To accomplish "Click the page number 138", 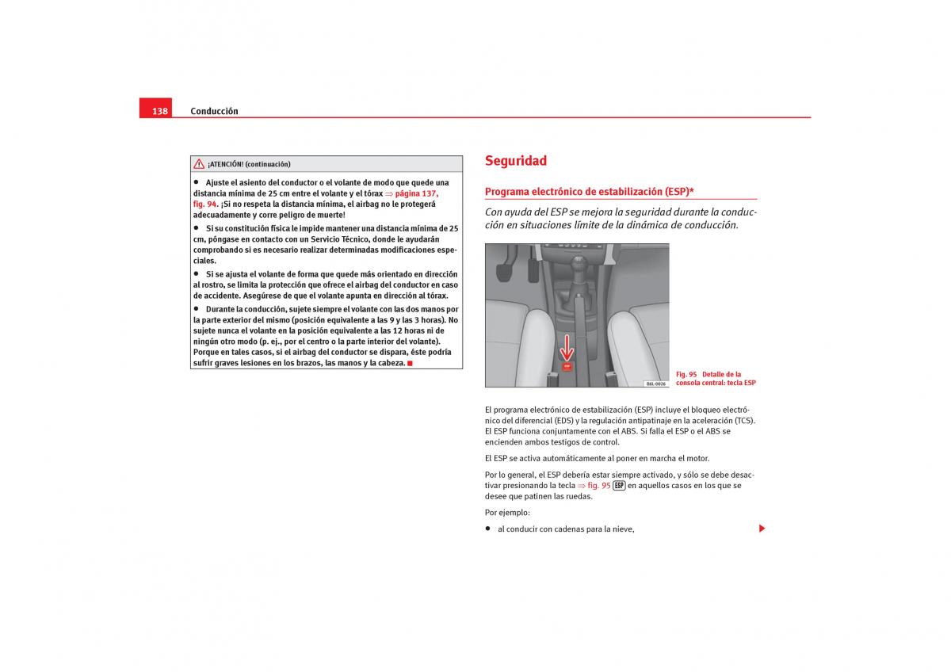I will (x=160, y=111).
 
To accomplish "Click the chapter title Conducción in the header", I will (x=214, y=111).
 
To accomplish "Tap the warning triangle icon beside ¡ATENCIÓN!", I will (x=199, y=164).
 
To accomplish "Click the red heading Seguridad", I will (x=516, y=161).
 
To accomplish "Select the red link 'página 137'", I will (x=416, y=193).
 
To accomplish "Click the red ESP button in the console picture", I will (x=567, y=367).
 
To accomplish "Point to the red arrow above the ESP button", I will (x=567, y=347).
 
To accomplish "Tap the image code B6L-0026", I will (x=655, y=384).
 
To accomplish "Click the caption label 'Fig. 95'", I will (x=686, y=374).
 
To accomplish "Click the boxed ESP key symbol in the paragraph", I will (x=619, y=486).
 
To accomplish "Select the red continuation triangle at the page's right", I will (x=762, y=529).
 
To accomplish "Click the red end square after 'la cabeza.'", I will (x=409, y=363).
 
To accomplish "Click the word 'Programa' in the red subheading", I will (x=507, y=192).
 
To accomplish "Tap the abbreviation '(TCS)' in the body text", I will (x=744, y=421).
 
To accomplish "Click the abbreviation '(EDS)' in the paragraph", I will (x=563, y=421).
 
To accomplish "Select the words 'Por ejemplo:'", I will (x=507, y=513).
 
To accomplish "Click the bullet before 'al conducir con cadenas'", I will (x=488, y=529).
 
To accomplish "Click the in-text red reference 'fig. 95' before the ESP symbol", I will (x=599, y=486).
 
